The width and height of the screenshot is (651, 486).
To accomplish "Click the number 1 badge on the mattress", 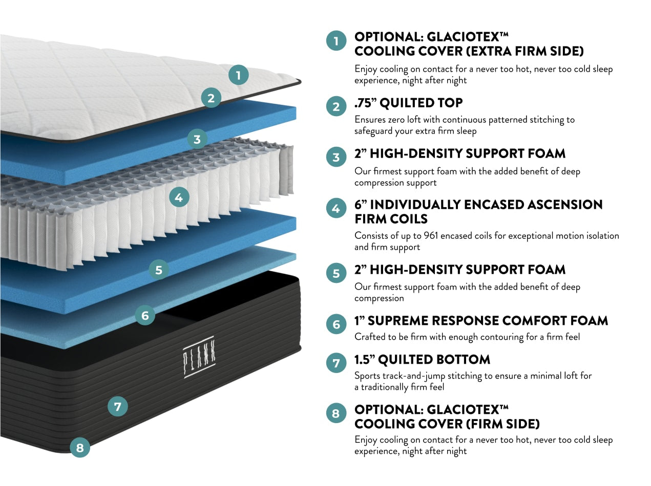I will click(x=238, y=76).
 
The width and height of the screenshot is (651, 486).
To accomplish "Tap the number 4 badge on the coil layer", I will click(x=179, y=196).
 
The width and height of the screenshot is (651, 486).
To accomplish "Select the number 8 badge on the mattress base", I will click(x=79, y=448).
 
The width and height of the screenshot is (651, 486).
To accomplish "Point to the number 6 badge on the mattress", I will click(x=145, y=315).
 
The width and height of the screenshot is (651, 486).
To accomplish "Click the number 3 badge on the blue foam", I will click(x=197, y=139).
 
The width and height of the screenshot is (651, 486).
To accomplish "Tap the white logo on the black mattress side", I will click(x=199, y=357).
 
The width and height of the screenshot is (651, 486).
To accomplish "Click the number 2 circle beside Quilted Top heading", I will click(x=336, y=106).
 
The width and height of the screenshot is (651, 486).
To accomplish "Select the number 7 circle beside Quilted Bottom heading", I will click(x=336, y=363).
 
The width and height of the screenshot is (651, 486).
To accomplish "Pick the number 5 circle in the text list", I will click(x=336, y=273).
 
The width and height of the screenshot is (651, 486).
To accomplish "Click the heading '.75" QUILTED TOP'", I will click(x=408, y=103).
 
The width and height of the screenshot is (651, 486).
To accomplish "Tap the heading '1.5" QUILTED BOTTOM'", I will click(x=422, y=360).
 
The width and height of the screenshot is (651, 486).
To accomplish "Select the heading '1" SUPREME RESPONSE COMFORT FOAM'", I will click(x=481, y=321).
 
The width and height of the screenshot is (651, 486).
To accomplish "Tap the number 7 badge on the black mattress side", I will click(x=118, y=407).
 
